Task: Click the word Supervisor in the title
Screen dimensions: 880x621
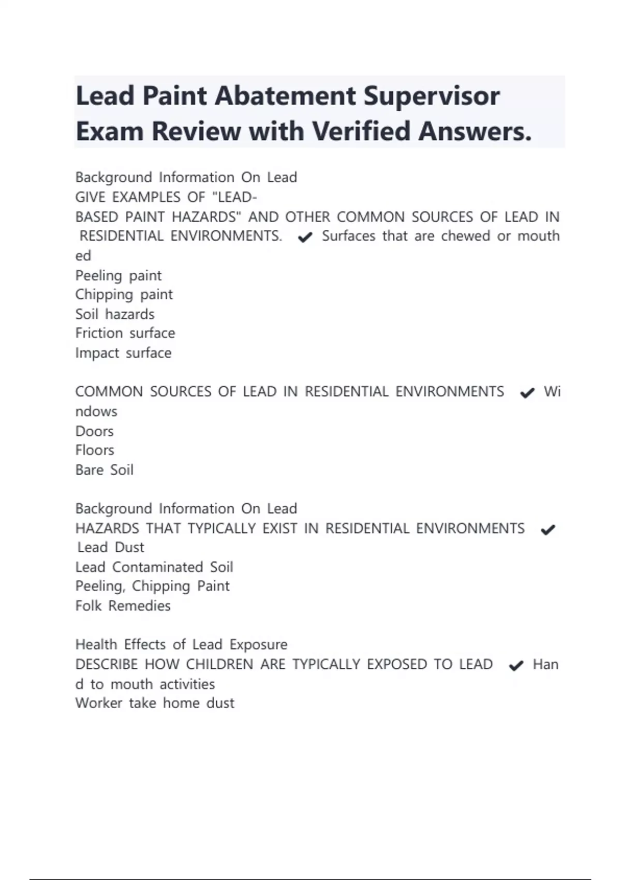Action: click(431, 97)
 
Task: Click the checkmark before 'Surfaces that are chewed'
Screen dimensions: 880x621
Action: click(305, 237)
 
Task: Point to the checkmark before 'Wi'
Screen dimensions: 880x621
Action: click(527, 393)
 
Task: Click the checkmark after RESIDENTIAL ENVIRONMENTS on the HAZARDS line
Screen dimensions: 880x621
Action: click(548, 530)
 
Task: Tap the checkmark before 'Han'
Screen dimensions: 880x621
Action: click(516, 666)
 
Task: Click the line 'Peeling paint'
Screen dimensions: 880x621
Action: click(119, 275)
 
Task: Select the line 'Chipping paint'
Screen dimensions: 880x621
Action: click(124, 295)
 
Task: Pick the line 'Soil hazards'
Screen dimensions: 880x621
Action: click(115, 314)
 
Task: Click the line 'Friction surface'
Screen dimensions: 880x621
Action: click(125, 333)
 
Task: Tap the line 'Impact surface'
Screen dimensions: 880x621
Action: click(123, 353)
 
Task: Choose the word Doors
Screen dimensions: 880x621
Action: click(94, 431)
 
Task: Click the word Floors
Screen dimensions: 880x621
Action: click(95, 450)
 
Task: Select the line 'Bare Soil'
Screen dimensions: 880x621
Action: click(104, 470)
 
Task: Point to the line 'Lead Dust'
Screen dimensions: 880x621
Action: click(111, 548)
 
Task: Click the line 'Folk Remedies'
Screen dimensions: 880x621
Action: click(123, 606)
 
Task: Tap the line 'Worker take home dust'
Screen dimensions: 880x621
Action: click(155, 703)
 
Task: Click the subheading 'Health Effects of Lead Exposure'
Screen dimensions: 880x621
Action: click(181, 644)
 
